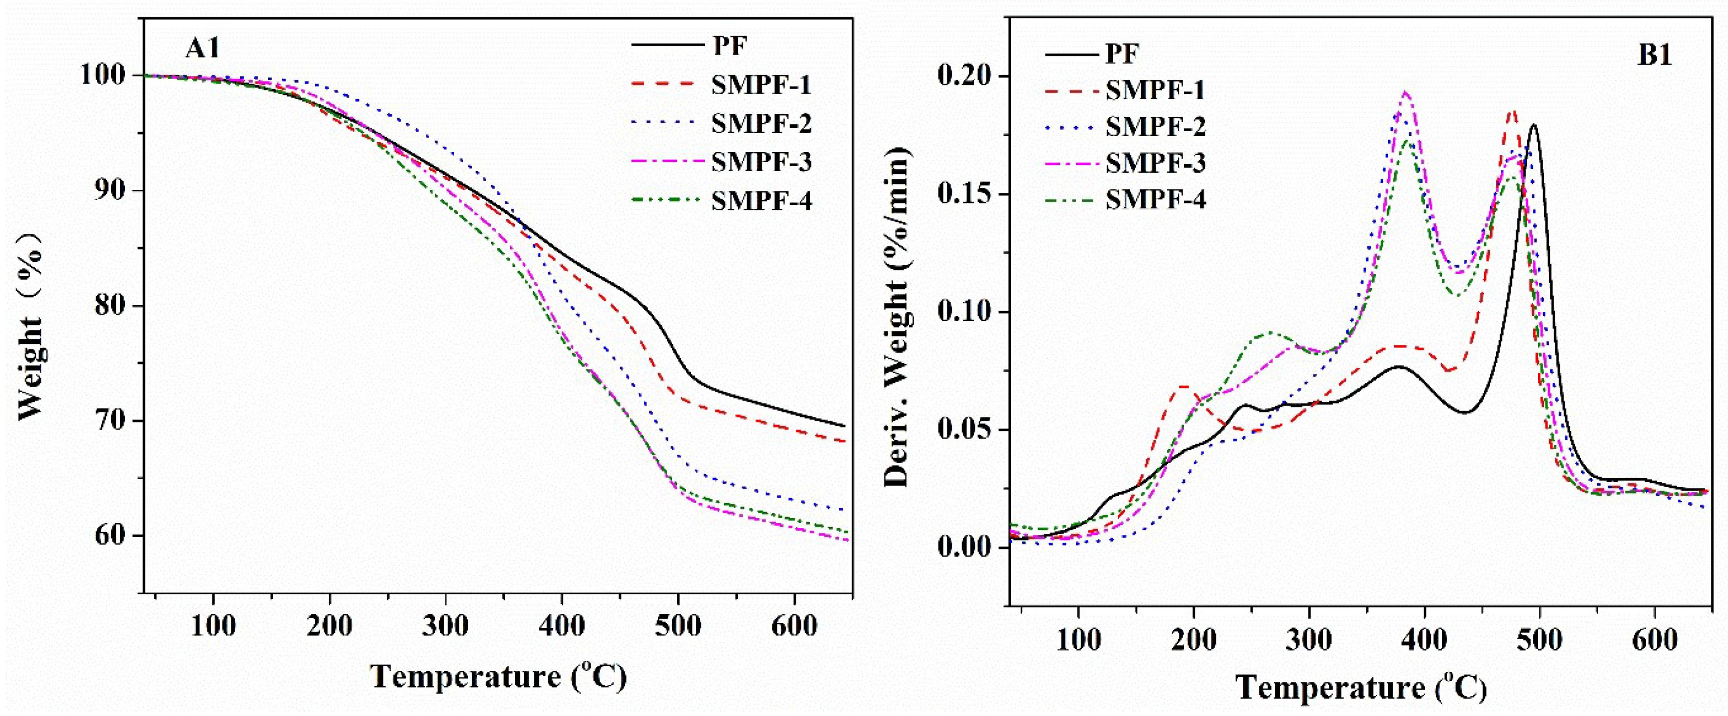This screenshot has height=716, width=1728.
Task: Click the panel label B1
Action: pos(1654,55)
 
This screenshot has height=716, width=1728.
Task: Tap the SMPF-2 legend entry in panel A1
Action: pos(761,124)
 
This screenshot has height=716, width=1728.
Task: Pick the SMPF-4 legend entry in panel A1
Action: pos(761,201)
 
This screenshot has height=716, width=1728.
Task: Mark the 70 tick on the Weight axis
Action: pos(115,421)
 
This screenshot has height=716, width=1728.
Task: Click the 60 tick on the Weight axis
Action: pos(115,536)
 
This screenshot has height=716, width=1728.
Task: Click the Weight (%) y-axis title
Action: pos(31,325)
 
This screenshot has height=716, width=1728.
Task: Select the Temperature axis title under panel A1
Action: pos(498,676)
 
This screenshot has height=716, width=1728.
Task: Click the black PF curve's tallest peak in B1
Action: pos(1534,125)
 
